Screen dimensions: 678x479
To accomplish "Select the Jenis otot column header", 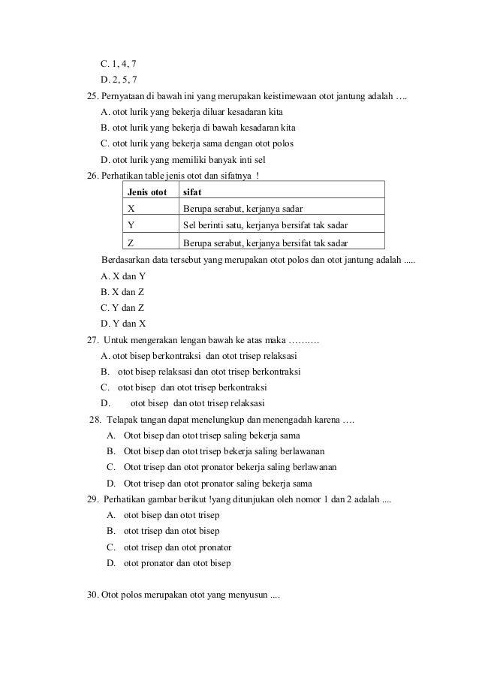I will pos(147,192).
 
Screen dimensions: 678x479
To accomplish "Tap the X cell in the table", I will pos(132,209).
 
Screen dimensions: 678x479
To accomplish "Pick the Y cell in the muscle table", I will pos(132,226).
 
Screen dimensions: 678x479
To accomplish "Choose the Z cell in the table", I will pos(132,243).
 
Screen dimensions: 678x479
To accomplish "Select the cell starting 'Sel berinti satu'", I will pos(265,226).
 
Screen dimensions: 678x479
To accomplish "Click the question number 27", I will pos(94,342).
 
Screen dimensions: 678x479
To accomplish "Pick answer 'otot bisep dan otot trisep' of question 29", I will pos(172,516).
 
